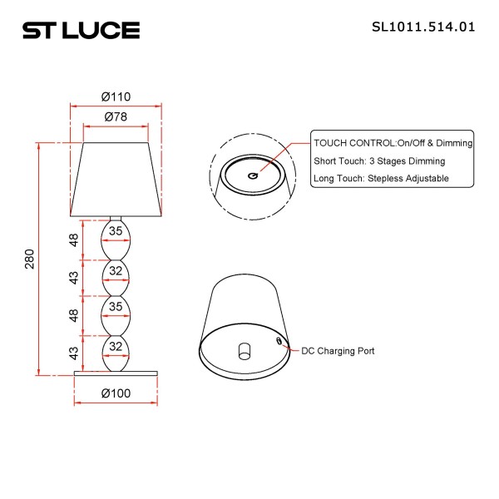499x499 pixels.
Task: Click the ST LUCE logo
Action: coord(81,31)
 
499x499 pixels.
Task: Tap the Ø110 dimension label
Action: coord(116,97)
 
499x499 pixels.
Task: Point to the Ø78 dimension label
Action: coord(116,118)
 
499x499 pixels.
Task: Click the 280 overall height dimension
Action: coord(30,259)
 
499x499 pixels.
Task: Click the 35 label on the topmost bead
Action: coord(116,231)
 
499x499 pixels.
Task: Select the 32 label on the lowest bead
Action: coord(116,345)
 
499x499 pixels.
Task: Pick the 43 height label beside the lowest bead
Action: coord(74,353)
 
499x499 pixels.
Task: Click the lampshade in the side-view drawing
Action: coord(116,179)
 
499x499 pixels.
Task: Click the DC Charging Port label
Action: coord(338,351)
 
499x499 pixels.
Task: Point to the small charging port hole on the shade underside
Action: coord(279,340)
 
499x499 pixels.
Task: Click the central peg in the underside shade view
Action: coord(244,349)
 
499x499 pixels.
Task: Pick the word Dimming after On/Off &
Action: coord(453,143)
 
